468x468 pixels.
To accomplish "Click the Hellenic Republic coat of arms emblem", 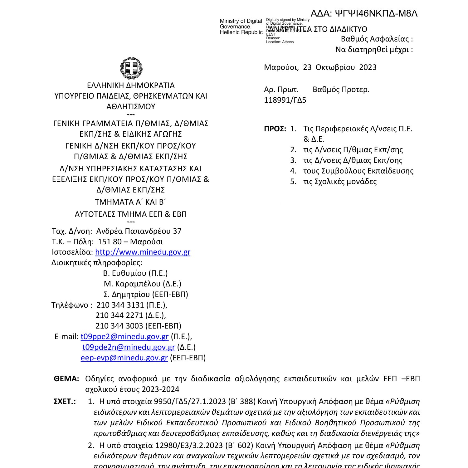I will tap(131, 68).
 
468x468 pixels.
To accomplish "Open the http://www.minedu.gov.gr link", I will tap(143, 252).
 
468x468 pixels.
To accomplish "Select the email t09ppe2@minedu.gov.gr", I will tap(124, 336).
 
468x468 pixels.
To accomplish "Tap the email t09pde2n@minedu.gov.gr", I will tap(128, 347).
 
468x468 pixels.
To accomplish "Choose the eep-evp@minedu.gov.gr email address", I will tap(124, 358).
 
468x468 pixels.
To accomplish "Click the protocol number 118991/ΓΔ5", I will tap(285, 100).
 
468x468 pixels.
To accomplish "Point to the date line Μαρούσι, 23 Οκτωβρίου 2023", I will tap(320, 67).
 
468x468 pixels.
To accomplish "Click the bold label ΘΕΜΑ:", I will tap(66, 379).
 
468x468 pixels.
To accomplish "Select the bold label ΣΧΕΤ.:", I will tap(65, 401).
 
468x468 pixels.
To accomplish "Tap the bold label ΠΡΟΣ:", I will tap(275, 129).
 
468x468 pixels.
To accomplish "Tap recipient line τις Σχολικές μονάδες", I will tap(340, 182).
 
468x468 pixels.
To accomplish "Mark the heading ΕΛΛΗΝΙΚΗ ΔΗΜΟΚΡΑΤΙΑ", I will tap(131, 85).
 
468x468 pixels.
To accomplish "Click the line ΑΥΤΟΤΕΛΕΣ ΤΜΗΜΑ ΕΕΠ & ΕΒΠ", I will tap(131, 214).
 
